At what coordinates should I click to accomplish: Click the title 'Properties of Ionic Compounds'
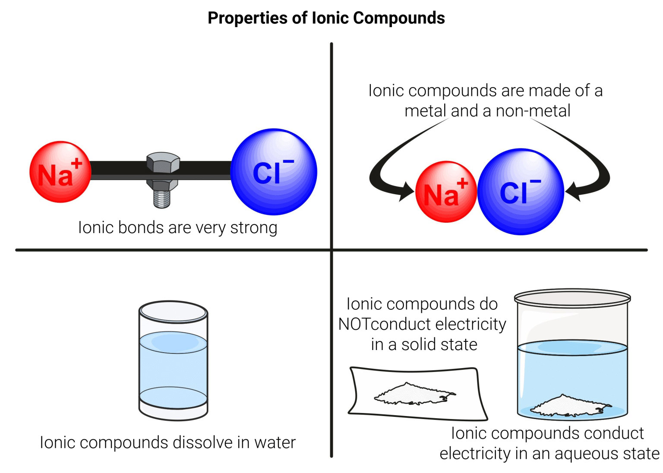[x=326, y=18]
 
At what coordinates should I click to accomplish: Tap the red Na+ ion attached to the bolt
[x=60, y=172]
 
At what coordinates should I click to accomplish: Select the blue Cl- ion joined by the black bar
[x=274, y=172]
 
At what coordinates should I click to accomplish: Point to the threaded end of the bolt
[x=162, y=199]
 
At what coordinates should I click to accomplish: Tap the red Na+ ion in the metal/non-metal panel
[x=446, y=192]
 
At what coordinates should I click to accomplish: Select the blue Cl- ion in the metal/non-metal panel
[x=521, y=192]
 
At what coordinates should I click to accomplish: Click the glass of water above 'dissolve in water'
[x=173, y=360]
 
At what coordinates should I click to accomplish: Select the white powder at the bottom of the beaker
[x=570, y=406]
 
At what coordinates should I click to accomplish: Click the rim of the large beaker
[x=572, y=298]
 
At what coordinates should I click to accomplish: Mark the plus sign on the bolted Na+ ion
[x=77, y=164]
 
